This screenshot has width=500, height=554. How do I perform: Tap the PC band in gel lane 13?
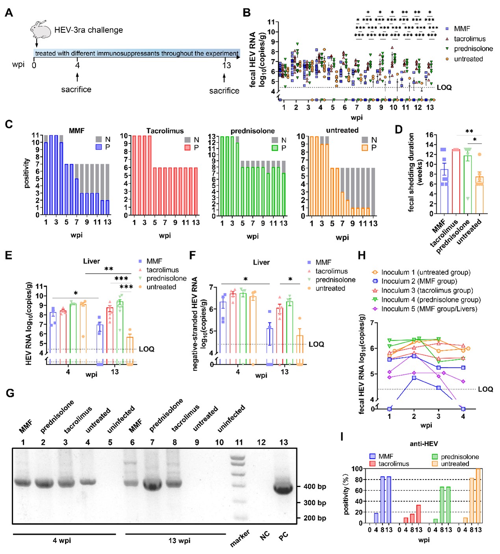click(x=283, y=489)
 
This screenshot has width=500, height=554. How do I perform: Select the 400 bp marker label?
click(x=314, y=487)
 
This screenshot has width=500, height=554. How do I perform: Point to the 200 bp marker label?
click(x=314, y=518)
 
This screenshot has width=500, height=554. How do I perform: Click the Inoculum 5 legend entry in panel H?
click(x=425, y=309)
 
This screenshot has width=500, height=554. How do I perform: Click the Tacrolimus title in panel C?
click(x=165, y=131)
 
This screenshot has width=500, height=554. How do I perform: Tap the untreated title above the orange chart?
click(x=342, y=130)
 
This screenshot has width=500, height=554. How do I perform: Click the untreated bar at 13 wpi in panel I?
click(x=478, y=496)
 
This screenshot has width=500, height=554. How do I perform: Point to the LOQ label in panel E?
click(x=147, y=349)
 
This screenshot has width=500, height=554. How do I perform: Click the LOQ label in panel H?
click(x=485, y=389)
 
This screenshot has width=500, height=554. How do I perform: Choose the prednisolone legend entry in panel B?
click(x=473, y=49)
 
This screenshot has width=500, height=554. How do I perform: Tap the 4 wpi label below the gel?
click(x=62, y=541)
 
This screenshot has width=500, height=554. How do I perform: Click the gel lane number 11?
click(x=239, y=443)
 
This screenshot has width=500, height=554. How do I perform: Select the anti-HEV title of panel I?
click(x=424, y=444)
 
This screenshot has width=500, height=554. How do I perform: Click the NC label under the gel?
click(x=264, y=535)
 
